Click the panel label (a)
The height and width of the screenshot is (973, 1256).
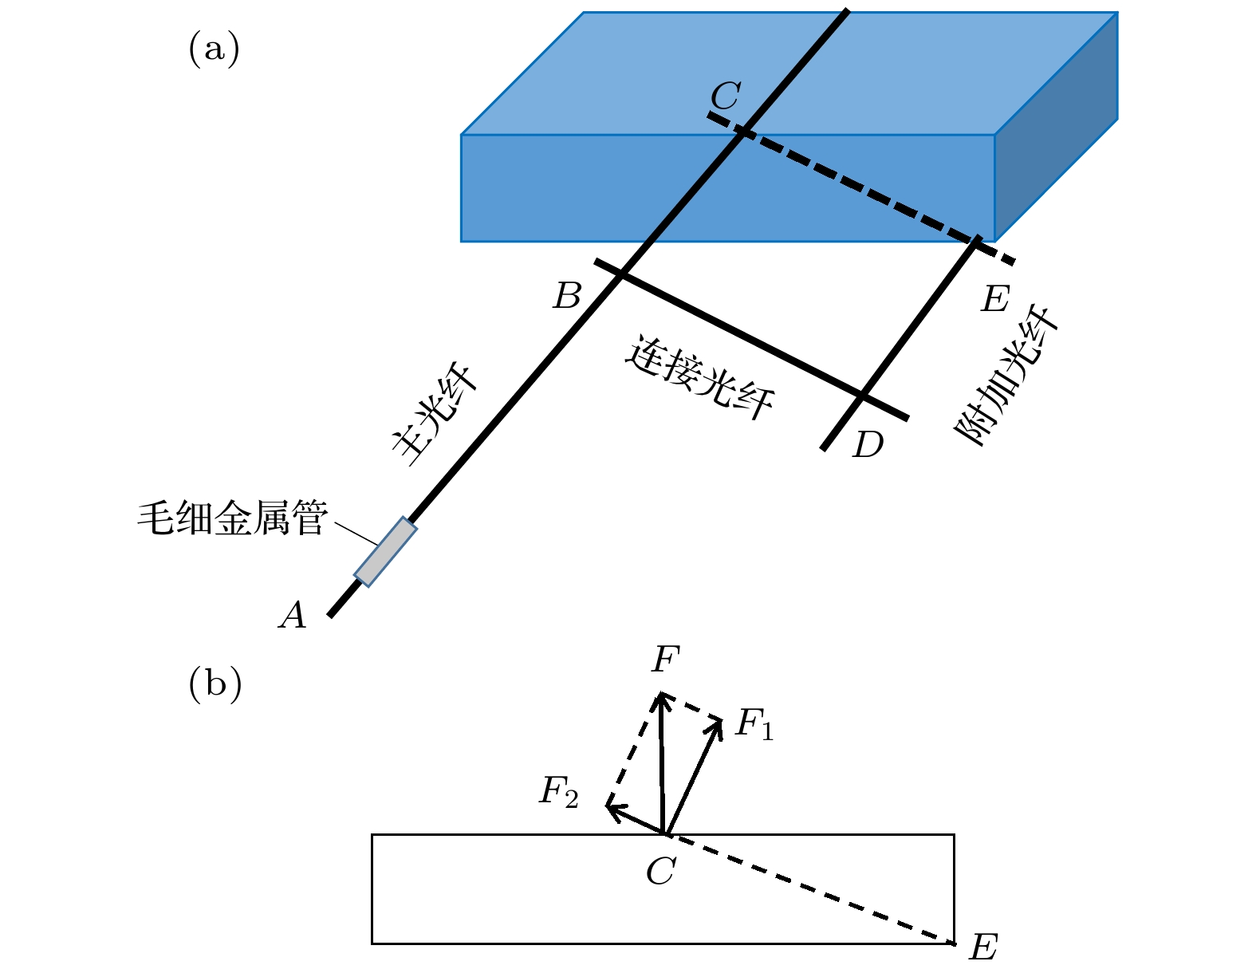coord(214,49)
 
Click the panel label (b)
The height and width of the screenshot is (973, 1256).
coord(215,684)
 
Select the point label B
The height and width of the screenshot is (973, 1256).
coord(567,297)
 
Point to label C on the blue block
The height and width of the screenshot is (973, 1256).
coord(726,97)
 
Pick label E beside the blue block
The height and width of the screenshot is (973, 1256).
coord(995,299)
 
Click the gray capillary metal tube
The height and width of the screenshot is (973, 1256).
coord(385,552)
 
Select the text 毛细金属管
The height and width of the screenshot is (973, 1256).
coord(232,518)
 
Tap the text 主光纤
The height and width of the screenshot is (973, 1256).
coord(435,415)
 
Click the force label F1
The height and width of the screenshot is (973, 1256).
coord(754,724)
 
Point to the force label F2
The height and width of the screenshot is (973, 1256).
coord(558,792)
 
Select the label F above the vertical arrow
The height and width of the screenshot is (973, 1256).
coord(665,660)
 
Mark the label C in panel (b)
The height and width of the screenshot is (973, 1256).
coord(660,871)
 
